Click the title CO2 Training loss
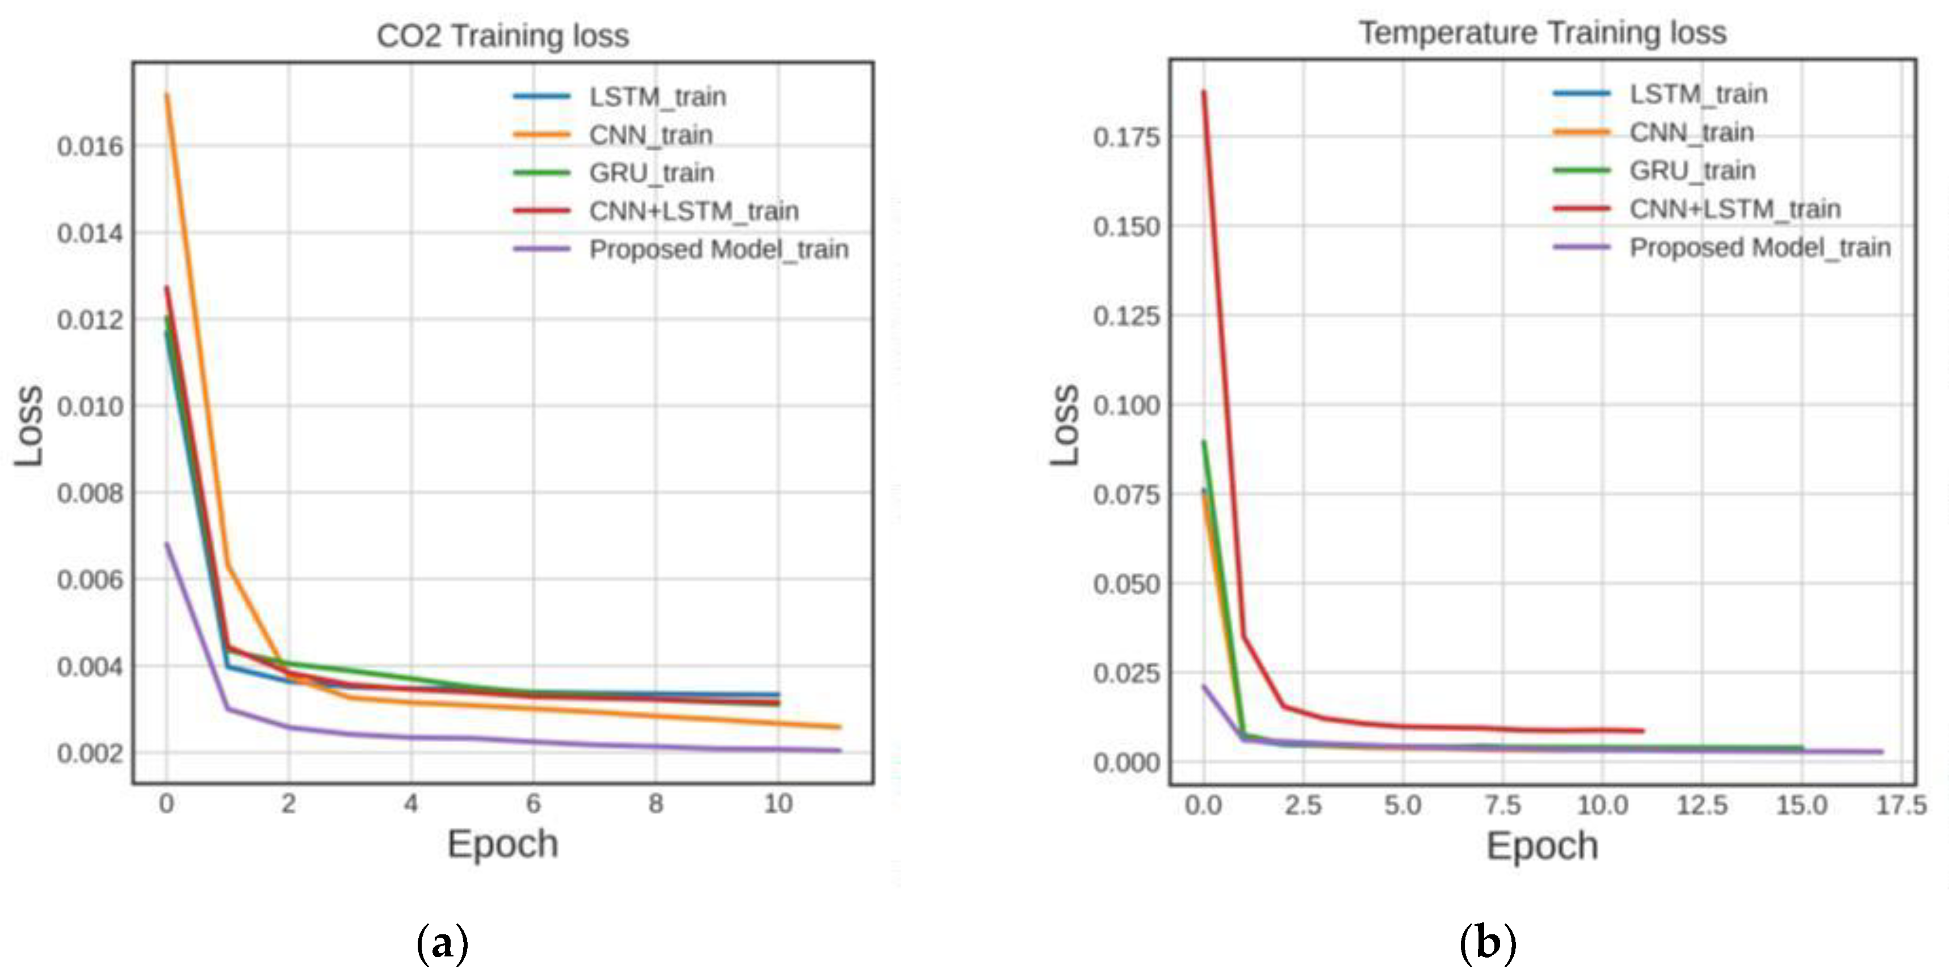[502, 36]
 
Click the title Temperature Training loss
[1542, 32]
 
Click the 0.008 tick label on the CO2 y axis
[89, 493]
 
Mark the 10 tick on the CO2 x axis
[778, 803]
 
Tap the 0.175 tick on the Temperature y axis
[1126, 138]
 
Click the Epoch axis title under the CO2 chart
[502, 844]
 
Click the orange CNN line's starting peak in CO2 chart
[166, 95]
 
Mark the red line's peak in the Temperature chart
[1204, 91]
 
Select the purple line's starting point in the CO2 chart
[166, 543]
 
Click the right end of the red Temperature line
[1643, 731]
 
